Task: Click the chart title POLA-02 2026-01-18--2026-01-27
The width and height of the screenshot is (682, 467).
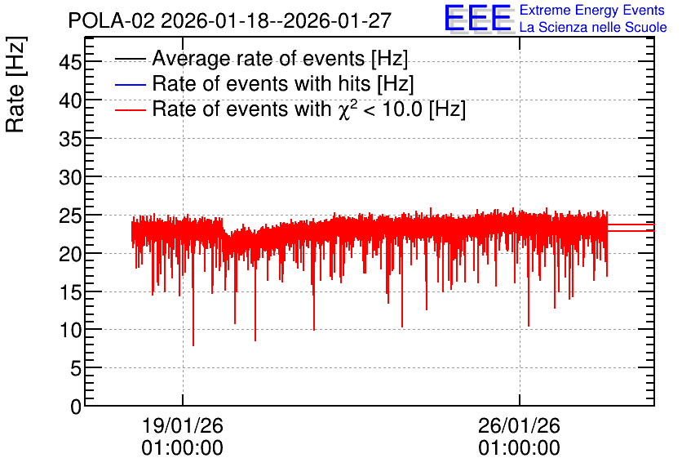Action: pos(230,20)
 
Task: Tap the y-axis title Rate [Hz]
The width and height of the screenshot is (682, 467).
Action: pos(16,84)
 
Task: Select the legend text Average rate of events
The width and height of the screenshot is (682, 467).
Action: pos(258,58)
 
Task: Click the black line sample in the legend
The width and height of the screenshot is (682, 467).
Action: pos(130,59)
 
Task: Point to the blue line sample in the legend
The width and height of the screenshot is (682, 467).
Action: pos(130,84)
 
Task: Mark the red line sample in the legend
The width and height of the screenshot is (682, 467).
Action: pos(130,110)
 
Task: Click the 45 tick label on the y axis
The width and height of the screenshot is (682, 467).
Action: pos(70,62)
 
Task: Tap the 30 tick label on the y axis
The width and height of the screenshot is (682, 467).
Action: pos(70,177)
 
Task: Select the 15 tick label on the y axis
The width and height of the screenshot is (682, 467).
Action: pos(70,292)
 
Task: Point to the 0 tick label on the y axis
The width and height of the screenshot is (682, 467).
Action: pos(76,407)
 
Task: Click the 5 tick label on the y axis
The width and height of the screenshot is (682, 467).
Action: pos(76,369)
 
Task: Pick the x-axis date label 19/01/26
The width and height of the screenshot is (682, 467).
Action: pos(183,425)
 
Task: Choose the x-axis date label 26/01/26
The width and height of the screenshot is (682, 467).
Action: pos(520,425)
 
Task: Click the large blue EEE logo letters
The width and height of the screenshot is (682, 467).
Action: pos(478,18)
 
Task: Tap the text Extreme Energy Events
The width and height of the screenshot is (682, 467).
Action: pos(592,10)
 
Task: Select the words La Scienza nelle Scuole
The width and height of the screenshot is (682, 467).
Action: pos(593,27)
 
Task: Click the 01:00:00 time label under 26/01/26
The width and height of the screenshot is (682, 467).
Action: pos(520,448)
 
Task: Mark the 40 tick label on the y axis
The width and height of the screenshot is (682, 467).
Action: pos(70,100)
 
